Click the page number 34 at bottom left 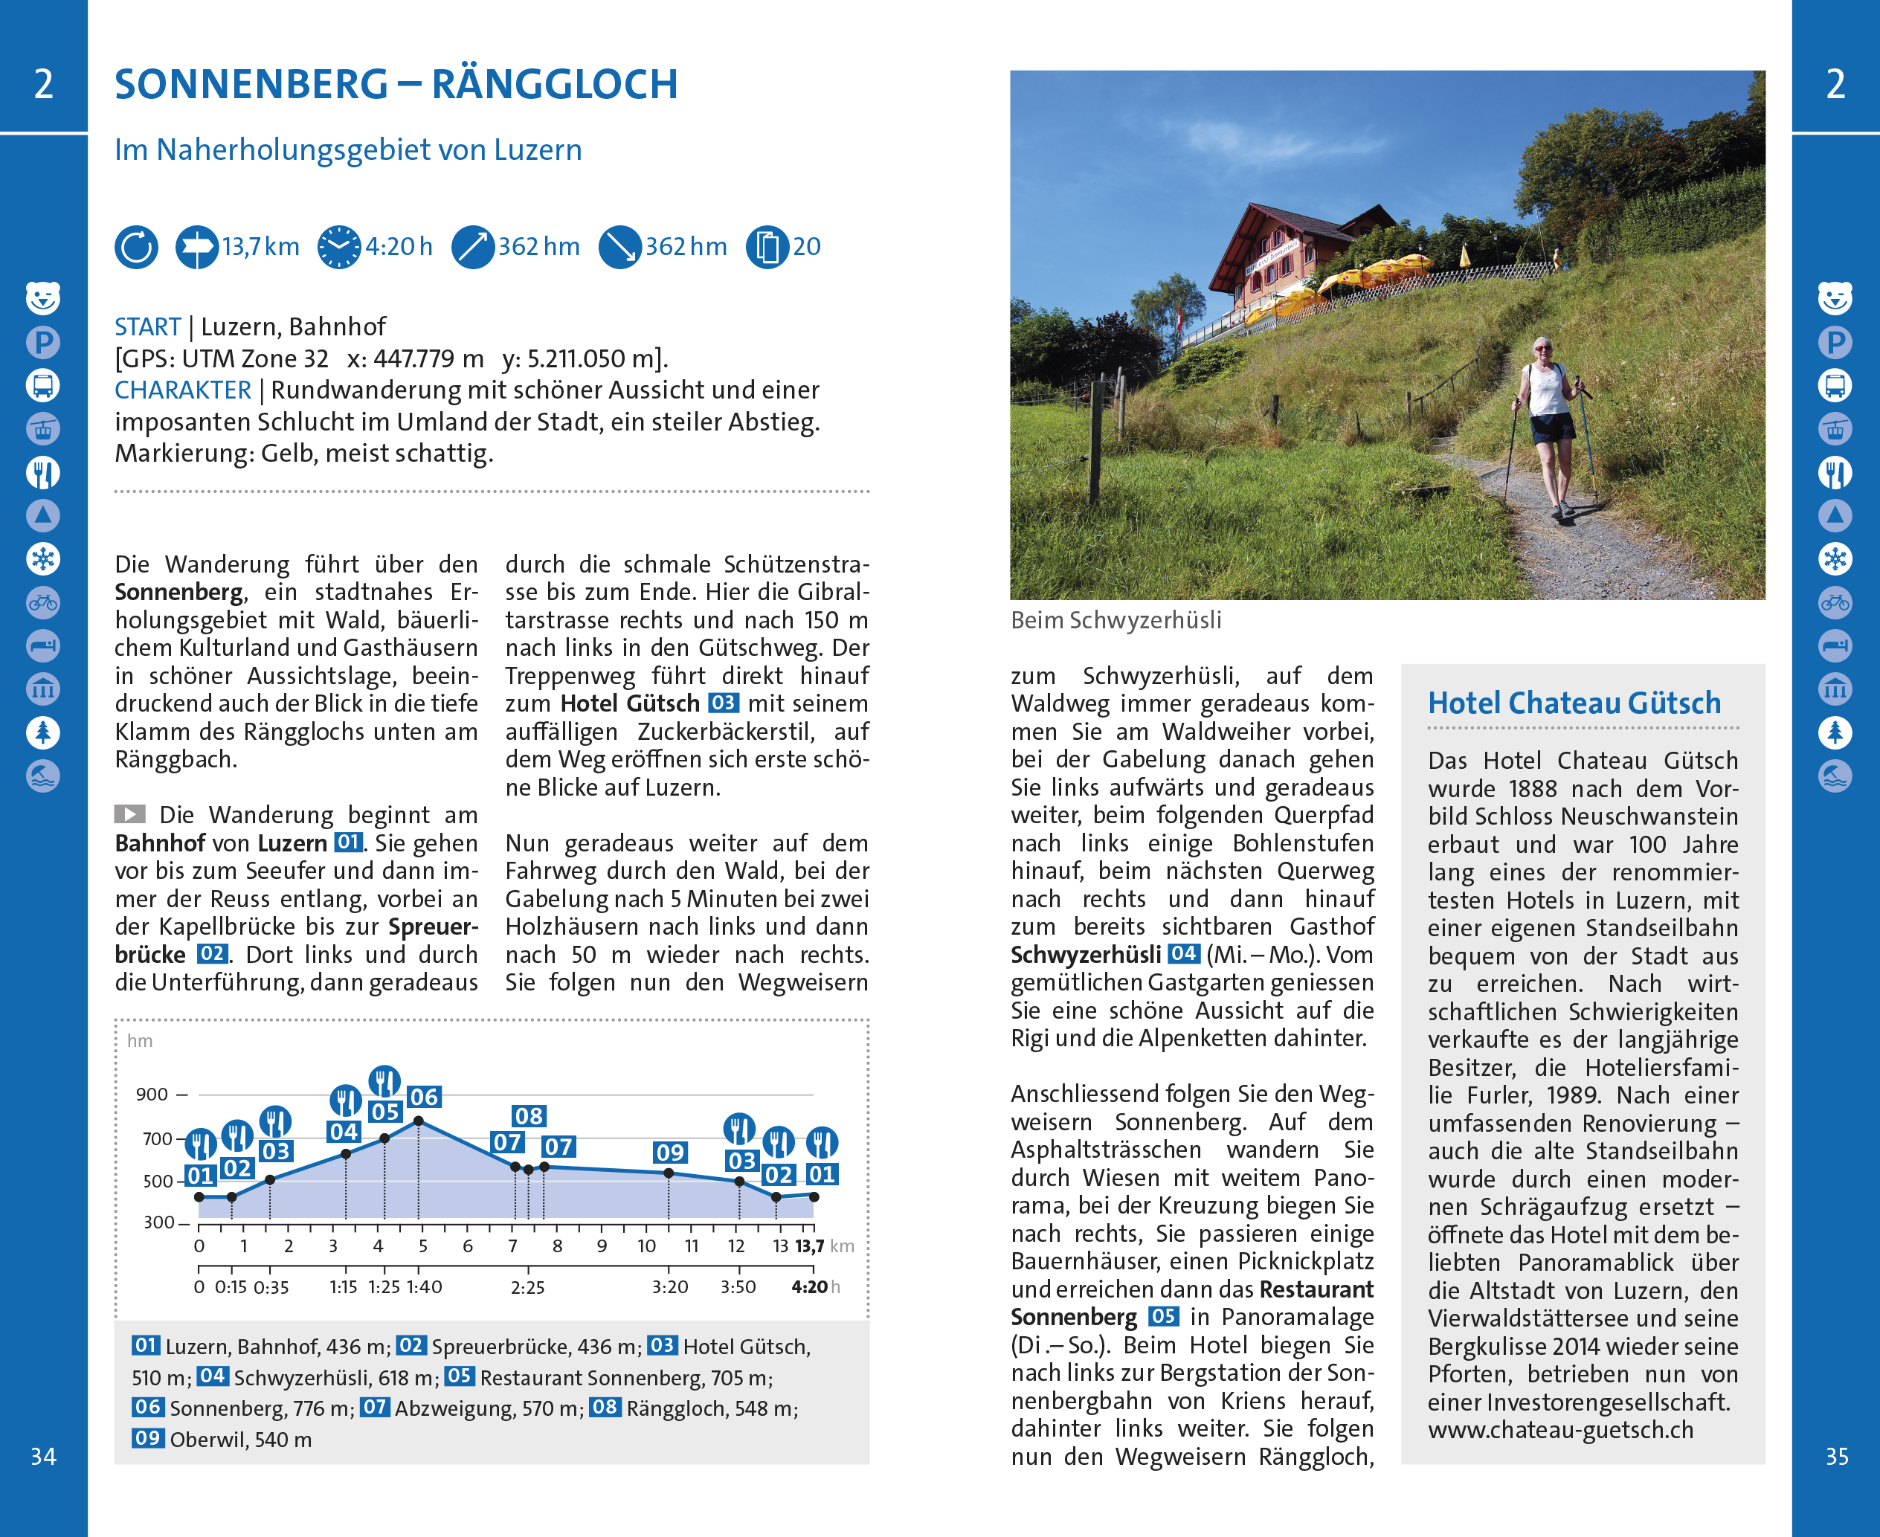(43, 1457)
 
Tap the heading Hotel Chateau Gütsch (1574, 703)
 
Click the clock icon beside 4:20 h (339, 247)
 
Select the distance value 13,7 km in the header (260, 246)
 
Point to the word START (147, 326)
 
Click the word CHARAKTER (182, 390)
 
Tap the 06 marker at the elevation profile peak (424, 1097)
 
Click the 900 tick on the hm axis (152, 1095)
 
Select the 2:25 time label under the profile (528, 1287)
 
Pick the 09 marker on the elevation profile (669, 1152)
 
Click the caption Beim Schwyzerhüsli (1116, 619)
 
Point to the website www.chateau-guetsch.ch (1560, 1430)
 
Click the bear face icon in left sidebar (43, 297)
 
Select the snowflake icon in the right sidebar (1835, 558)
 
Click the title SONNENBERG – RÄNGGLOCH (396, 84)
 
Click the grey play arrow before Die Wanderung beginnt (130, 813)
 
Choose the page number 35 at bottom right (1837, 1457)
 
